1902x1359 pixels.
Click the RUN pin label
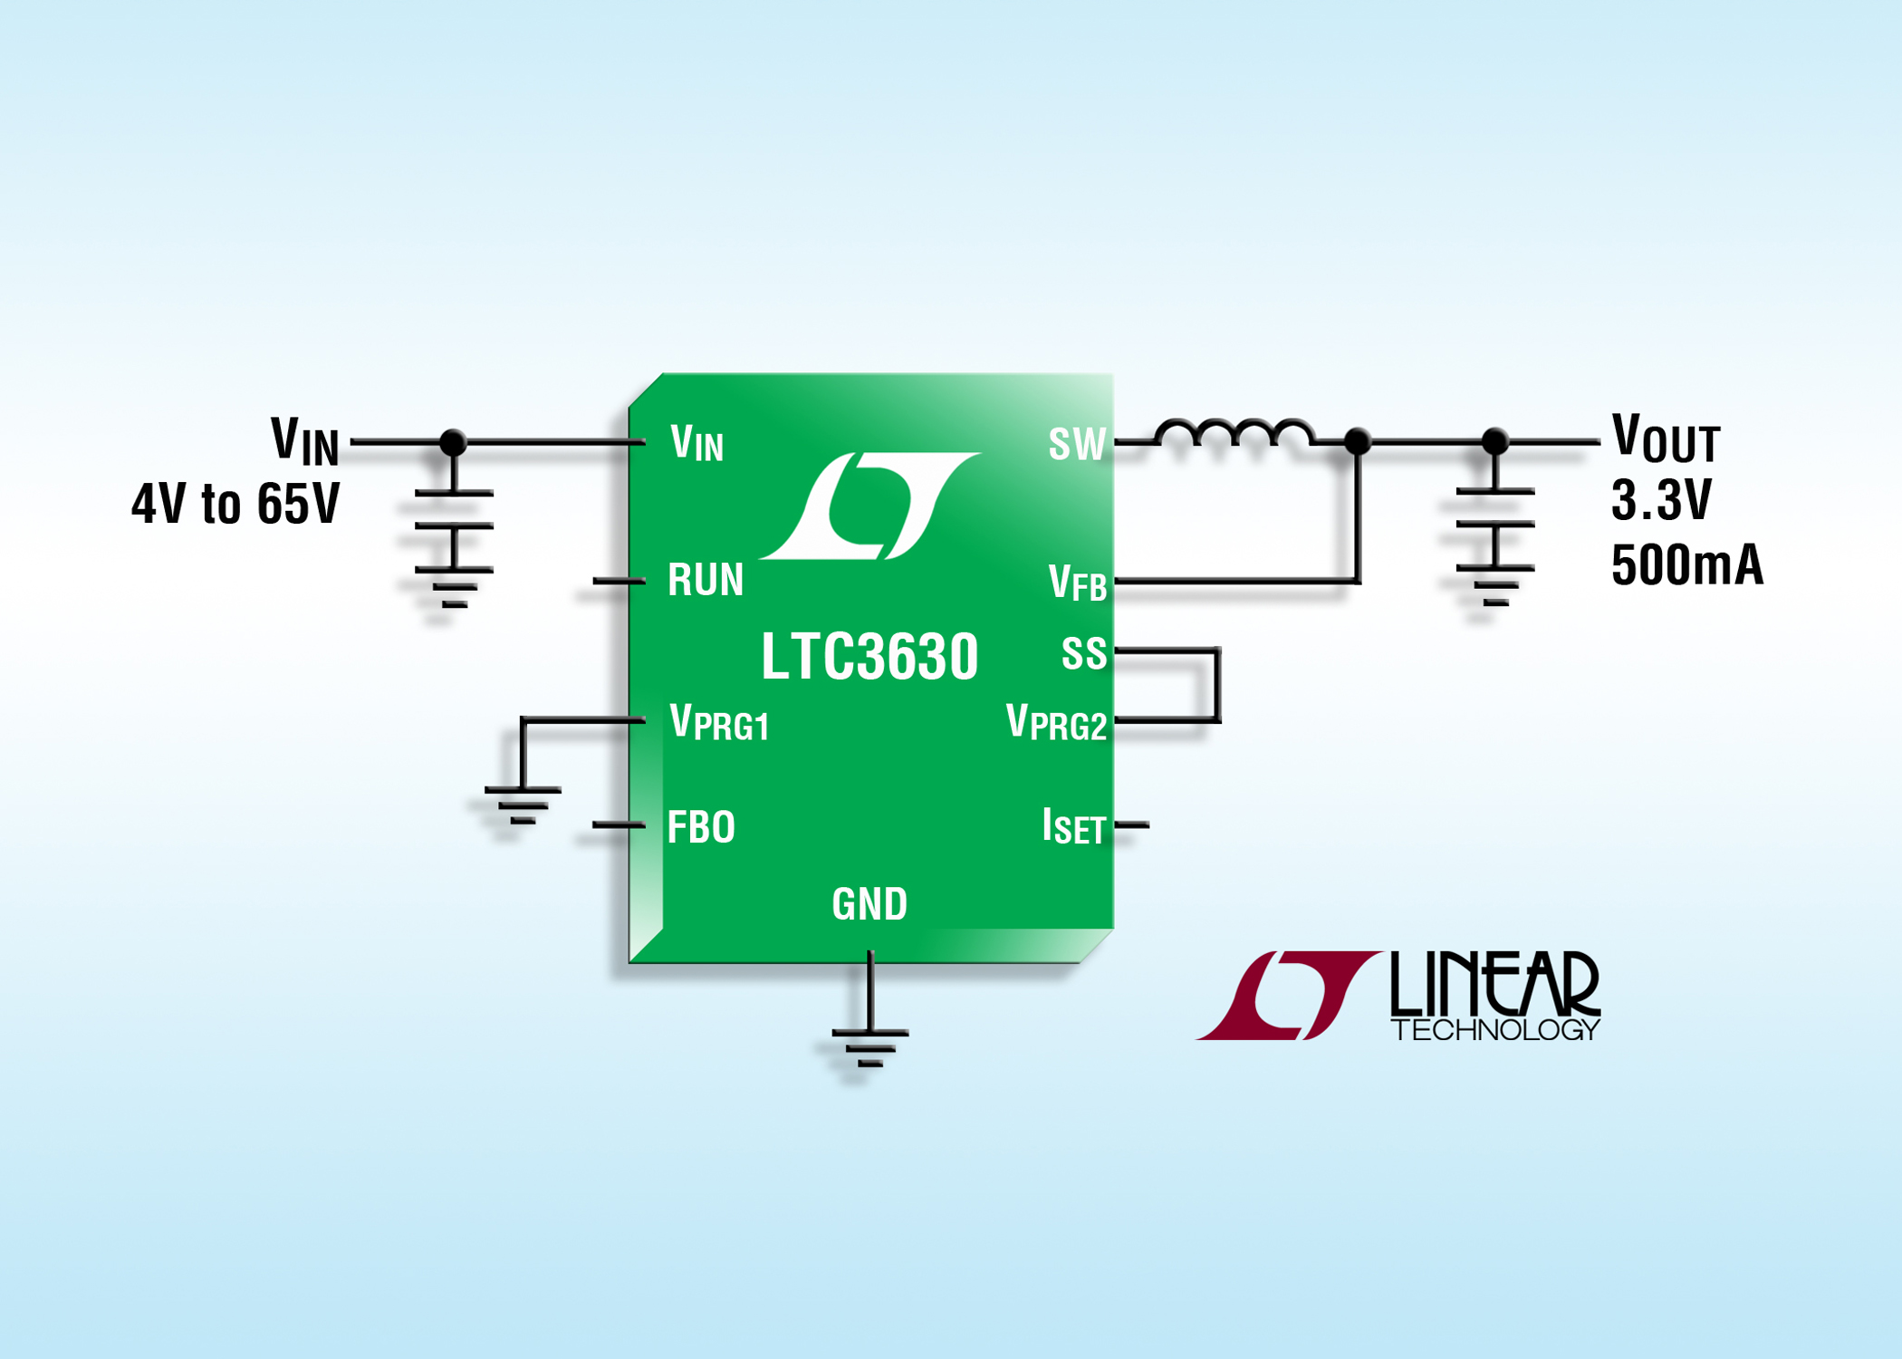[x=705, y=580]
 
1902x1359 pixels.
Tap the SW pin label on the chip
[x=1077, y=444]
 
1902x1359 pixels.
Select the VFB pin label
[x=1077, y=583]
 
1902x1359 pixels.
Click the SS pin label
[x=1083, y=653]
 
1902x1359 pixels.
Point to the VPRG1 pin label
[x=719, y=723]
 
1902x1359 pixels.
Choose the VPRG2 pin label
[x=1056, y=723]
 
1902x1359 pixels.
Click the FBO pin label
[x=700, y=827]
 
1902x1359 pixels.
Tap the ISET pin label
[x=1073, y=827]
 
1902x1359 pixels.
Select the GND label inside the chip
[x=869, y=904]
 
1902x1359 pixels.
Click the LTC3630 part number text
[x=869, y=656]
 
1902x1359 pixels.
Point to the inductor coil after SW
[x=1234, y=433]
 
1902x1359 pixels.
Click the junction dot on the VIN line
[x=453, y=442]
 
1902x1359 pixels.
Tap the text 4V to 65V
[x=235, y=504]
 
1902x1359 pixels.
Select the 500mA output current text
[x=1686, y=565]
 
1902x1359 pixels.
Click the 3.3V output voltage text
[x=1661, y=500]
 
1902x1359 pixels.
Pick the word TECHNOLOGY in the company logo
[x=1495, y=1030]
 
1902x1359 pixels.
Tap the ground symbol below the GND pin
[x=869, y=1046]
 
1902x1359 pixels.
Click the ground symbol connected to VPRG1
[x=523, y=805]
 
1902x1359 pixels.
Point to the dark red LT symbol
[x=1288, y=995]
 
